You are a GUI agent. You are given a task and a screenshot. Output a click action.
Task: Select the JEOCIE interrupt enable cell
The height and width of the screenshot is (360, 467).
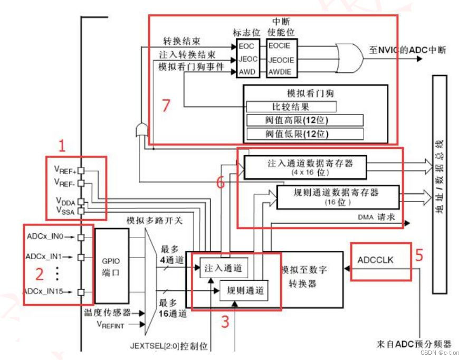pyautogui.click(x=282, y=60)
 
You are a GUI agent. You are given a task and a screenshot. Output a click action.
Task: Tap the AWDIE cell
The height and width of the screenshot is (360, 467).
pyautogui.click(x=280, y=72)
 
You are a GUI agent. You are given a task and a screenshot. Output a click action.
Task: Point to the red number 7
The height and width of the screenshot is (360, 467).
pyautogui.click(x=166, y=106)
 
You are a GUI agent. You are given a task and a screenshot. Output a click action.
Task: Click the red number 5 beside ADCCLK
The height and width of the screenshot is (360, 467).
pyautogui.click(x=419, y=255)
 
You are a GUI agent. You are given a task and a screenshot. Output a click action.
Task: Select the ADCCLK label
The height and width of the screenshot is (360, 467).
pyautogui.click(x=375, y=260)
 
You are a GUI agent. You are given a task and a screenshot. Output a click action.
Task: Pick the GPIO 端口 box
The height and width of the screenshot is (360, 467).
pyautogui.click(x=108, y=265)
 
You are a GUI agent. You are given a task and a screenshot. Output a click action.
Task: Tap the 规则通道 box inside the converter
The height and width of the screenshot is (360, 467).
pyautogui.click(x=243, y=290)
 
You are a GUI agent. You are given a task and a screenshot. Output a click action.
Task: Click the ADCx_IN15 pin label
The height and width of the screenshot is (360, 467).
pyautogui.click(x=48, y=291)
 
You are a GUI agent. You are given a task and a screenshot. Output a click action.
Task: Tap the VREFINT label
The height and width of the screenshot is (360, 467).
pyautogui.click(x=111, y=326)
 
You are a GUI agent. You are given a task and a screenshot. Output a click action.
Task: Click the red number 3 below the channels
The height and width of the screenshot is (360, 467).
pyautogui.click(x=225, y=321)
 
